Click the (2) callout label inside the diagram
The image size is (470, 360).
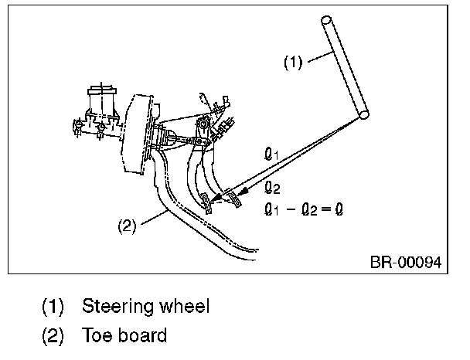click(127, 227)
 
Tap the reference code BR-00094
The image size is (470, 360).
click(405, 263)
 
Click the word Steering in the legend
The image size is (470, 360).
click(117, 307)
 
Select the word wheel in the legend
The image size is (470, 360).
click(182, 307)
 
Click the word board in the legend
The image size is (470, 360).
click(142, 336)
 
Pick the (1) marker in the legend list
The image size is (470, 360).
click(53, 307)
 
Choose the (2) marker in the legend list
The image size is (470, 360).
click(53, 336)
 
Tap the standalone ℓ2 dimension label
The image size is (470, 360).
click(271, 187)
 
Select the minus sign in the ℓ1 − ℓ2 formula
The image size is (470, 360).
click(291, 207)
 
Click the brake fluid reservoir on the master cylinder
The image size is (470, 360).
click(100, 100)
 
